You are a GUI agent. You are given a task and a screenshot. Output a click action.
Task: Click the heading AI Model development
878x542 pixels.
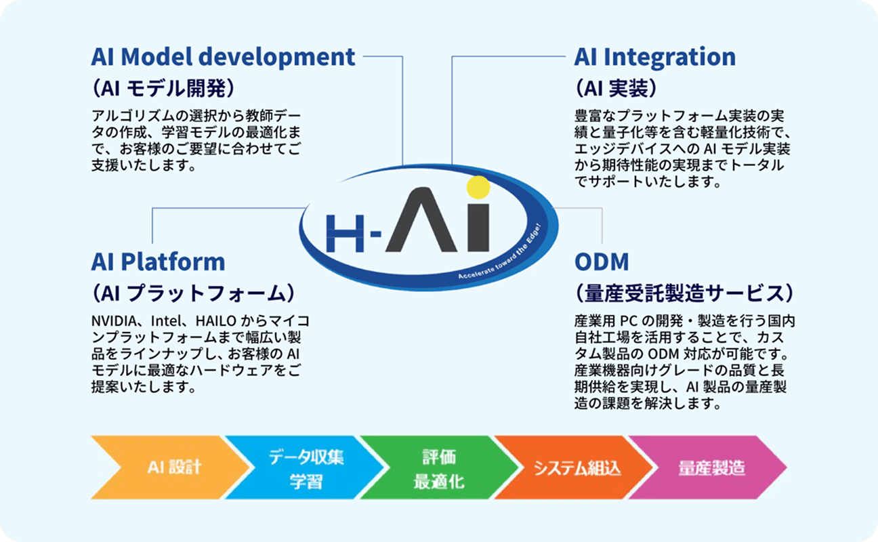point(223,57)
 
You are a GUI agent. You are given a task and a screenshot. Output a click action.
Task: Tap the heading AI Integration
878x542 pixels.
point(654,57)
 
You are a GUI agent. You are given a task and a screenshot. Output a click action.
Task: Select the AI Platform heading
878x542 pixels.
point(158,262)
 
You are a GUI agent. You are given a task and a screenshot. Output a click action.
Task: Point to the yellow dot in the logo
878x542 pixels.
point(478,187)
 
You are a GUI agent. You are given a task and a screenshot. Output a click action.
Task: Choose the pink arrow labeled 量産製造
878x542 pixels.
point(711,468)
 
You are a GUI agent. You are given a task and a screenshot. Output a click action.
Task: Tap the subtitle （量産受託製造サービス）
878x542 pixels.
point(684,293)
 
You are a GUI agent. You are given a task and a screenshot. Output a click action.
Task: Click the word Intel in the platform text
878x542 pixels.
point(166,320)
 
